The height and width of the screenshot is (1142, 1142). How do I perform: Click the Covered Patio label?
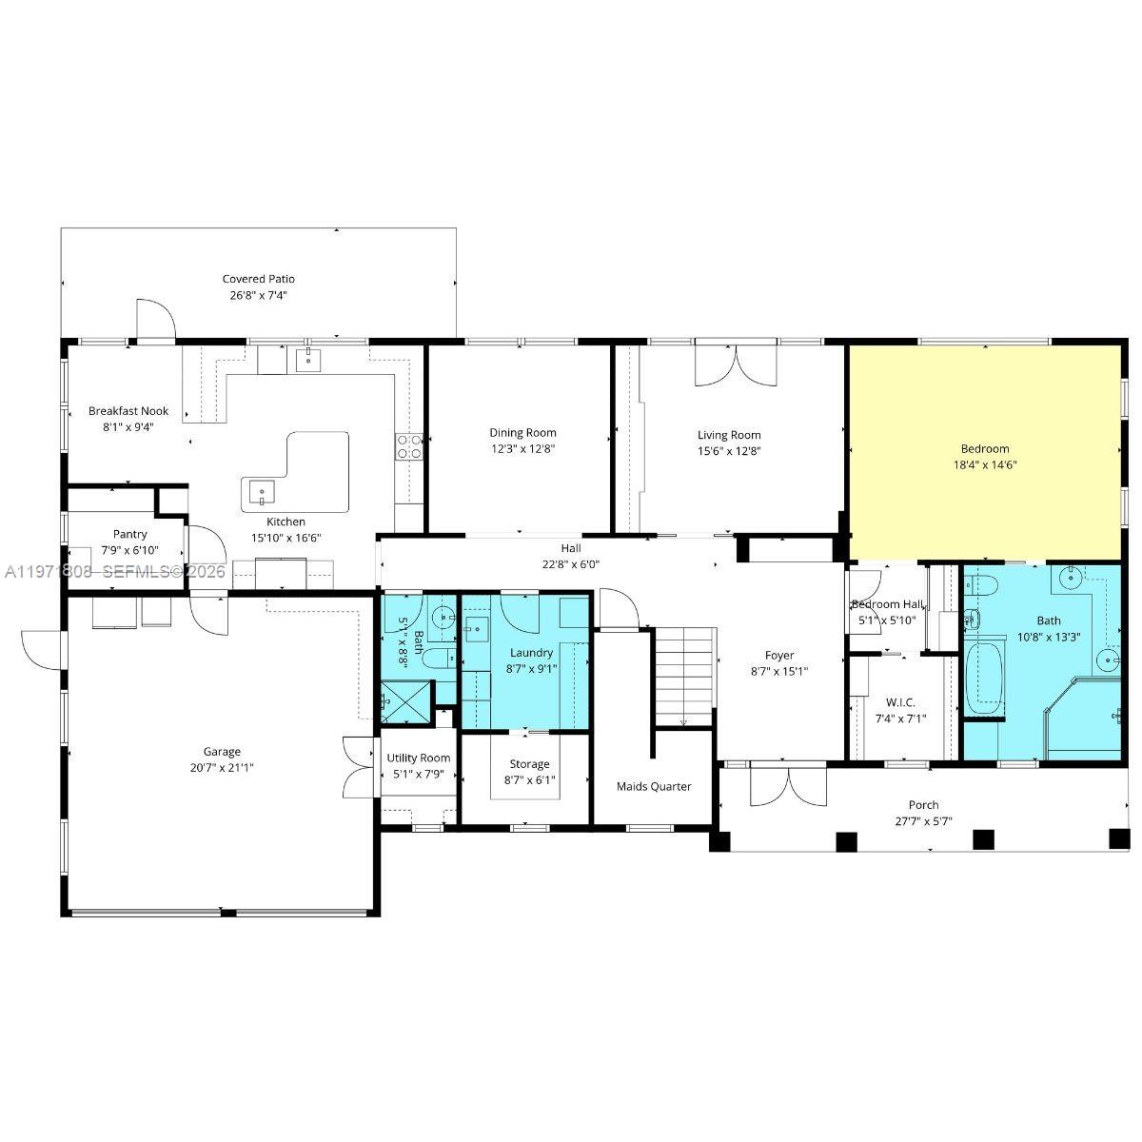point(258,279)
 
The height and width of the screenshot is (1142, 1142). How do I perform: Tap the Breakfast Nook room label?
point(128,411)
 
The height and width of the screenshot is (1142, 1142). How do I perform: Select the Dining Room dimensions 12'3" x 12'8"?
point(522,449)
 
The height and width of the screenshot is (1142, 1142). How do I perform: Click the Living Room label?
point(729,435)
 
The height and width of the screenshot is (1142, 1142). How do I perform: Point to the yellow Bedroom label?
point(985,449)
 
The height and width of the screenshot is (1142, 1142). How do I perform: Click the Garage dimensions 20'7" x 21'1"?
point(222,766)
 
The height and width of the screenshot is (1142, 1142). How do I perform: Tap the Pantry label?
point(129,534)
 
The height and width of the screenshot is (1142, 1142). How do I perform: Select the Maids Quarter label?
point(654,786)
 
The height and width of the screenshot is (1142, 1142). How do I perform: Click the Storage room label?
point(529,763)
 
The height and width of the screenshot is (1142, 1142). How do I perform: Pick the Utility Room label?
point(419,758)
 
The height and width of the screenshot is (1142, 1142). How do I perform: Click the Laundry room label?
point(531,653)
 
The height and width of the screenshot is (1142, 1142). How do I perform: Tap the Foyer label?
point(779,655)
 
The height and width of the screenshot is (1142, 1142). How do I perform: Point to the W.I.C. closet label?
point(901,702)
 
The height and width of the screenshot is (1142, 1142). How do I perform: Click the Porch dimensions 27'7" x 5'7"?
point(923,821)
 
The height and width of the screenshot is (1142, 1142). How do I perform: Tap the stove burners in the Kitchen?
point(409,446)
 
